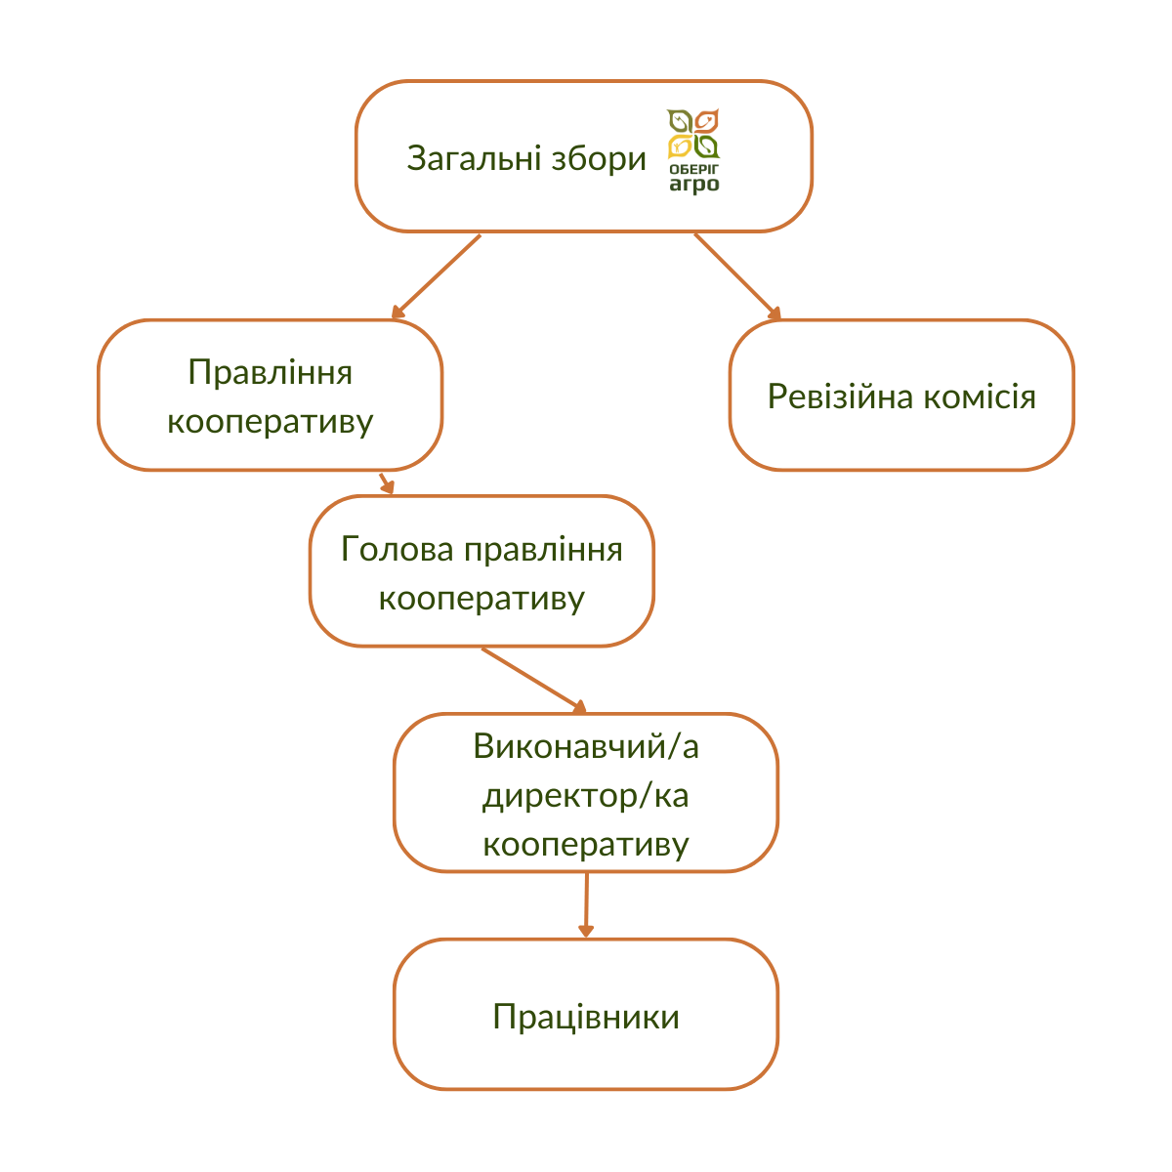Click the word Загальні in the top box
pos(474,159)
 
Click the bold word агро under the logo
pos(694,185)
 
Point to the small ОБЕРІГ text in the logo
pos(694,168)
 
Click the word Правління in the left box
pos(270,372)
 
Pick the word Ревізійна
pos(840,398)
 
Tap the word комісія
pos(980,398)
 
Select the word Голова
pos(398,549)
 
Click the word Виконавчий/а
pos(586,745)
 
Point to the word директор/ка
pos(586,796)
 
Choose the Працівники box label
pos(586,1017)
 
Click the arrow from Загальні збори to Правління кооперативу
pos(436,276)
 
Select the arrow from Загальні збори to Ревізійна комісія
pos(737,276)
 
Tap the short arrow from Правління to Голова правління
pos(387,483)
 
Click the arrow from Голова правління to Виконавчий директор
pos(534,681)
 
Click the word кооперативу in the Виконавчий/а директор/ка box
pos(586,846)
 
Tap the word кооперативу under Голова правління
pos(481,599)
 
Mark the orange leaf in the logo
pos(707,121)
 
